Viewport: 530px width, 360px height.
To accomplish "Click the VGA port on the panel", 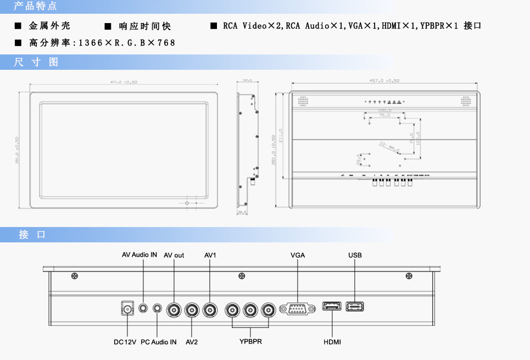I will pos(297,309).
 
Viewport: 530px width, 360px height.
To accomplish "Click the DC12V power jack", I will pos(127,309).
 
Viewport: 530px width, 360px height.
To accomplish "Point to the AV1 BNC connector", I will pos(210,310).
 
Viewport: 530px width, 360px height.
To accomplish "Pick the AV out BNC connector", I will pos(175,310).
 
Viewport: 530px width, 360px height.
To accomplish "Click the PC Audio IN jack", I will pos(158,308).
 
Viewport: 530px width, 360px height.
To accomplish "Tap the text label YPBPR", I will pos(250,342).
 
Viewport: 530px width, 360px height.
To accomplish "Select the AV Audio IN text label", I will pos(140,255).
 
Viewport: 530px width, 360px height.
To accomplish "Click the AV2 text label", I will pos(192,342).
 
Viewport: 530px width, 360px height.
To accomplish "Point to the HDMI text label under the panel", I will pos(332,342).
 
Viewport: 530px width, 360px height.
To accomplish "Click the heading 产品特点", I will pos(35,7).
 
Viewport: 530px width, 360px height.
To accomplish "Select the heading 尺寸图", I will pos(36,62).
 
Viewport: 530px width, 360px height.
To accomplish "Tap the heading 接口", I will pos(32,235).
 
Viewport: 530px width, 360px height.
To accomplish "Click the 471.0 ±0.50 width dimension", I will pos(124,82).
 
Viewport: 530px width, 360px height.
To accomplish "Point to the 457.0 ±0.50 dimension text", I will pos(384,81).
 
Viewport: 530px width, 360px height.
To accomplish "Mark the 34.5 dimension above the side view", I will pos(247,80).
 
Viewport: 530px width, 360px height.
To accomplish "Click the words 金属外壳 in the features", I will pos(49,26).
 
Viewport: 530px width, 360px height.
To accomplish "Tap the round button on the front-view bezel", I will pos(187,203).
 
